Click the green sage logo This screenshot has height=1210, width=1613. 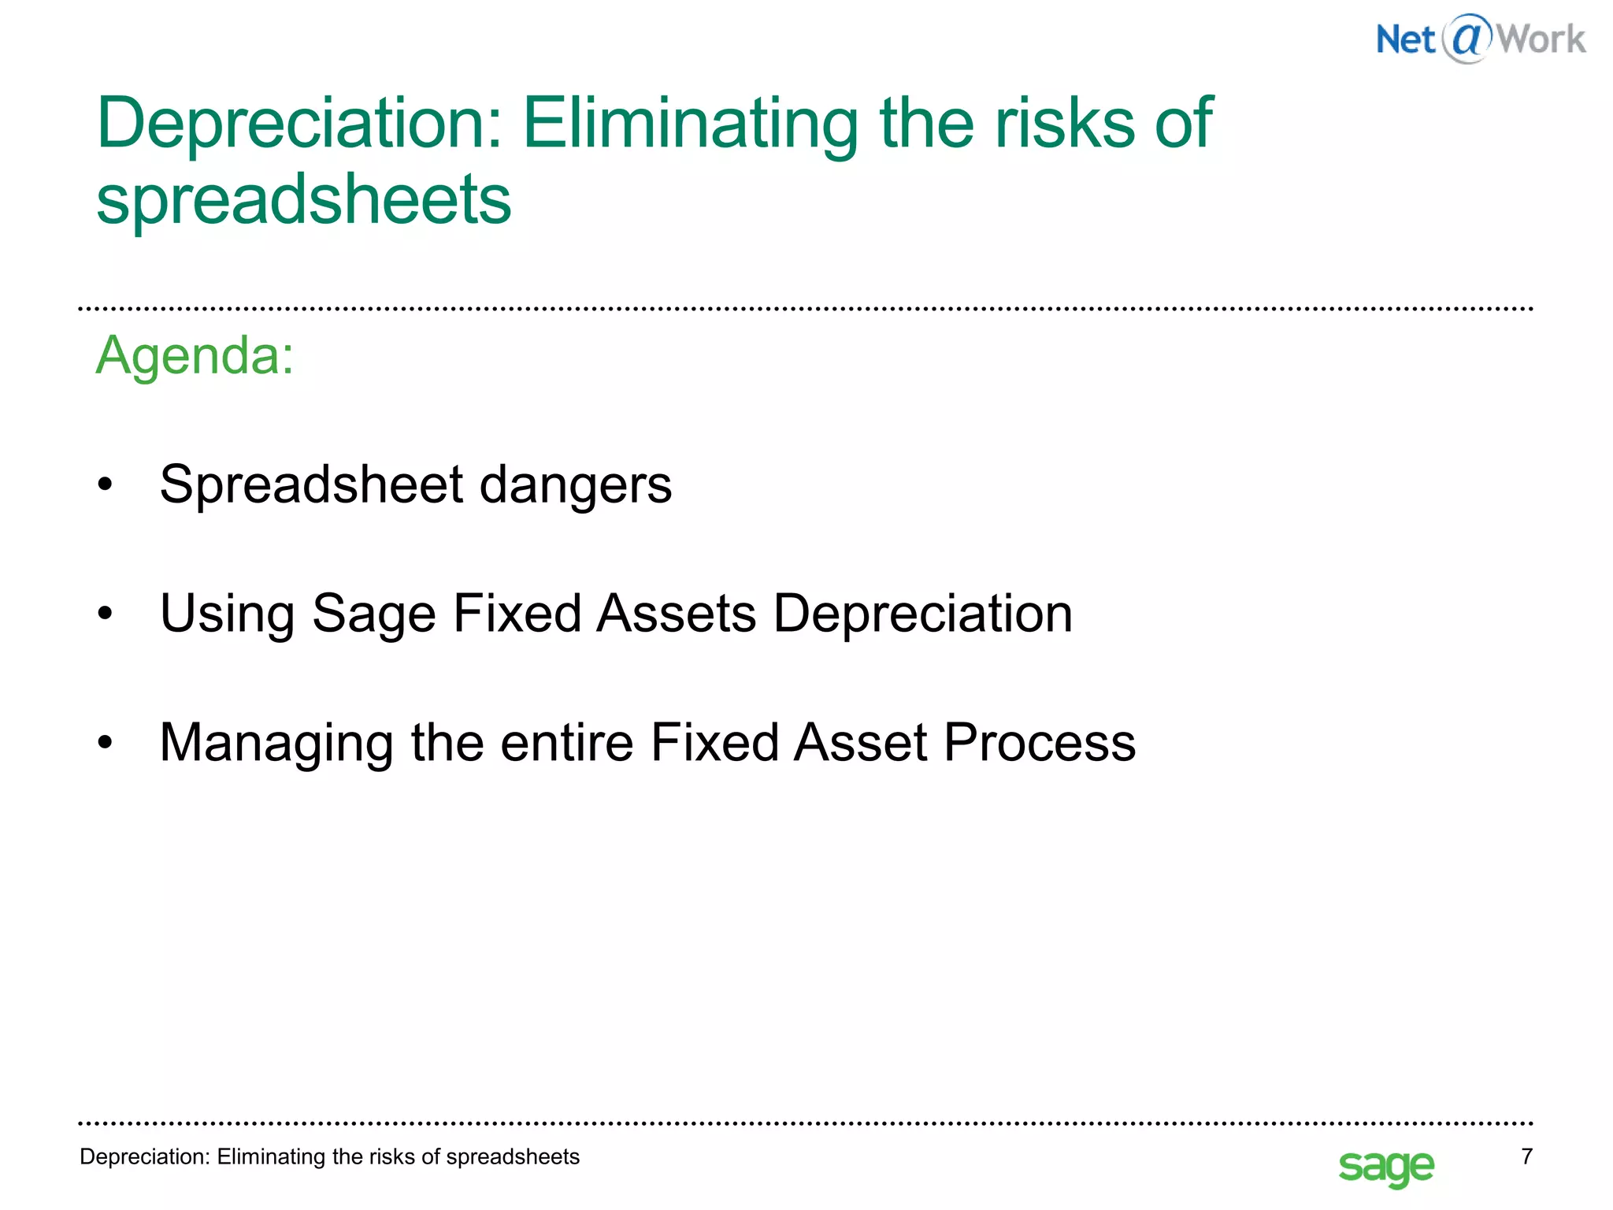(1386, 1167)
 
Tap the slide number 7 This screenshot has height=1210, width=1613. (1526, 1156)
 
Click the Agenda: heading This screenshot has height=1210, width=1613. (195, 355)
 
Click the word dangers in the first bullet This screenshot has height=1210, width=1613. (576, 484)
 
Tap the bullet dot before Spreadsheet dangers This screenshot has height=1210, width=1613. (106, 484)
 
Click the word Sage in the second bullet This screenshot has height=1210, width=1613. (374, 614)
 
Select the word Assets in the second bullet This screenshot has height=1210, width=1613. (677, 614)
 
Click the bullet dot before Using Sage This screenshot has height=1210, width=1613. (106, 614)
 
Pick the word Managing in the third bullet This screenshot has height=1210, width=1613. (276, 744)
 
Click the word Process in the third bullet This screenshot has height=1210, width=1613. (1040, 743)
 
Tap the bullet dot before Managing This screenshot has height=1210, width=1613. (106, 743)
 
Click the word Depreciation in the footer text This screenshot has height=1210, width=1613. (145, 1156)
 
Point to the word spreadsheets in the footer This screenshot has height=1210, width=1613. (513, 1156)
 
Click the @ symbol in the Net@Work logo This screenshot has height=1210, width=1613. (1467, 39)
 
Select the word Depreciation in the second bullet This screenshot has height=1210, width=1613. (922, 614)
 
